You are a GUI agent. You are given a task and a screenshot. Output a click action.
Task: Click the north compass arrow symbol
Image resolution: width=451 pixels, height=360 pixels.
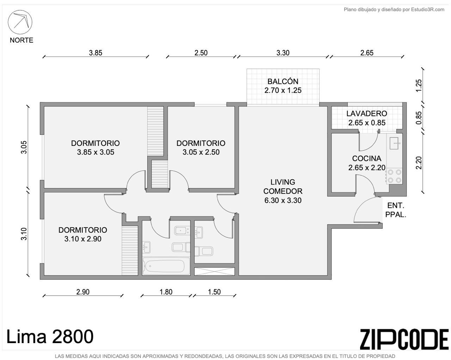coord(20,22)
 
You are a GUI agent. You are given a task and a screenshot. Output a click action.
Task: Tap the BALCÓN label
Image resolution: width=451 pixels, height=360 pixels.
coord(283,81)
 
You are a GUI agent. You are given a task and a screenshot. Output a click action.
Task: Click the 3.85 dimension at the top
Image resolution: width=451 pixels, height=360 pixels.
coord(95,53)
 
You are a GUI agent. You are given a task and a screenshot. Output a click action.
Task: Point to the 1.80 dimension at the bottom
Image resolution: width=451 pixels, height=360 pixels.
coord(166,292)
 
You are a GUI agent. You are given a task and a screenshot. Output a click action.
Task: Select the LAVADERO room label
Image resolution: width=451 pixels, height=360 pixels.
coord(366,113)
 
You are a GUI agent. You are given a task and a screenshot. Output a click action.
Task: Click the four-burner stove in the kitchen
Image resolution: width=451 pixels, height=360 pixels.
coord(394,176)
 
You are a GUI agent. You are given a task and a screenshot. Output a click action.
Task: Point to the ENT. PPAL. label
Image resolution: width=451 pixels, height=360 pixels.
coord(395,210)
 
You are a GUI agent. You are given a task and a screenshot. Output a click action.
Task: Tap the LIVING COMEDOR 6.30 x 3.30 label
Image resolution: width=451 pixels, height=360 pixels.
coord(283,191)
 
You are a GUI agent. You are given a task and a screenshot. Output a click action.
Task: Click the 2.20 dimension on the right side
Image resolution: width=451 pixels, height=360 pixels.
coord(419,163)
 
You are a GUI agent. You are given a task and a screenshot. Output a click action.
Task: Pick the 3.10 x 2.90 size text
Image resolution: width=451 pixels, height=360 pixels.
coord(83,239)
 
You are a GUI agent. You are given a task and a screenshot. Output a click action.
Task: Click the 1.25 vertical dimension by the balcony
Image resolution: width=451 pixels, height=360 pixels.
coord(419,86)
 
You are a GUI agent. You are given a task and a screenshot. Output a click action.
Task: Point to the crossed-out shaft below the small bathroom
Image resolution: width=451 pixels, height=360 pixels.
coord(214,271)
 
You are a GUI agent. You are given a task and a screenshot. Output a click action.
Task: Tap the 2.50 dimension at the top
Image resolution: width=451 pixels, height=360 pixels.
coord(201,53)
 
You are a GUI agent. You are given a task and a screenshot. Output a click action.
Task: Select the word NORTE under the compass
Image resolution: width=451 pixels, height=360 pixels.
coord(21,40)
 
